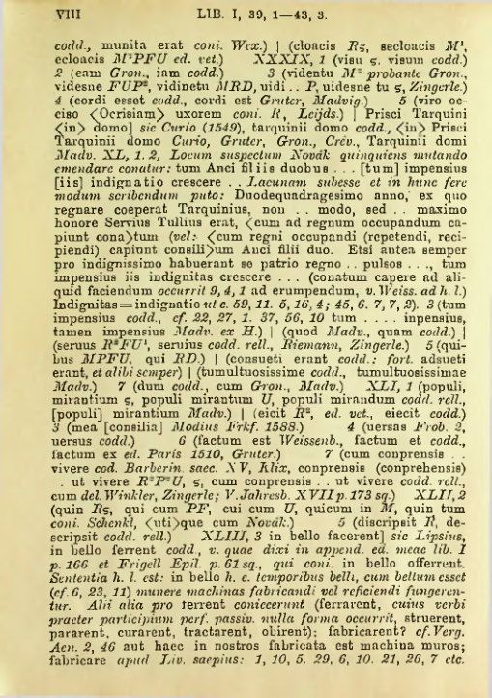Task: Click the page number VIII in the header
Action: (x=40, y=15)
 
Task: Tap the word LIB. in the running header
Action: (x=198, y=15)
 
